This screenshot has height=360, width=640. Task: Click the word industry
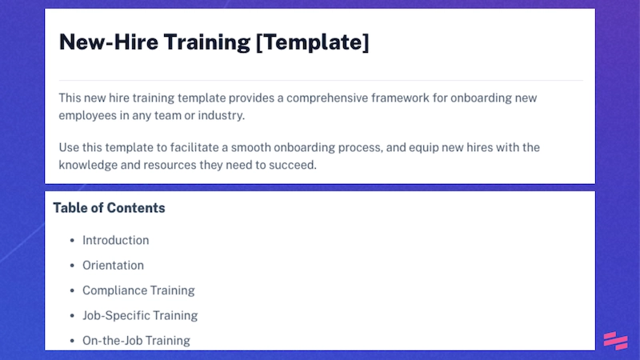point(218,115)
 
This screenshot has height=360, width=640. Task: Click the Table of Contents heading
point(109,208)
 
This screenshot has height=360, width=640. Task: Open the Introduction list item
point(115,240)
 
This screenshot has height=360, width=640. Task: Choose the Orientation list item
point(113,265)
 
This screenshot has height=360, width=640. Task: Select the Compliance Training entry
point(138,290)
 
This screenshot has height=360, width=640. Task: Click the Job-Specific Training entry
point(140,315)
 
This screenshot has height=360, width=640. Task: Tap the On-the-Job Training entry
point(136,340)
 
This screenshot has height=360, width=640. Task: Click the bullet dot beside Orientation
point(71,266)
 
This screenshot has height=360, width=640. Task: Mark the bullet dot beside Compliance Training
point(71,290)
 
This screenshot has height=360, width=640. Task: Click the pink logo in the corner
point(615,341)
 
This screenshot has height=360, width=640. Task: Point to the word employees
point(89,115)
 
